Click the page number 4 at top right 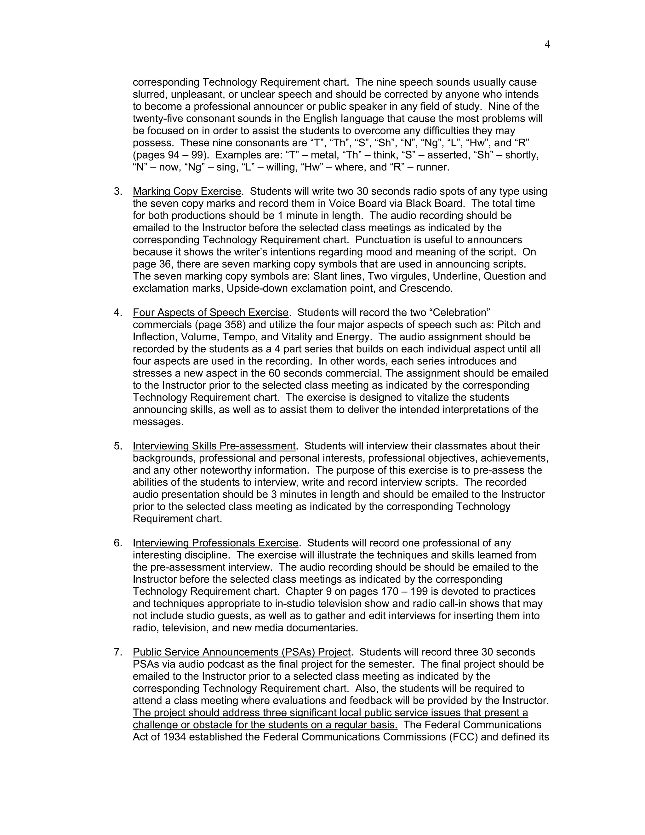[547, 45]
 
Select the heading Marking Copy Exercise [187, 191]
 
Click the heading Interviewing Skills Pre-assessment [214, 446]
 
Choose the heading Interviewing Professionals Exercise [215, 543]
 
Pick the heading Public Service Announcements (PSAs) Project [242, 652]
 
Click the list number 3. [118, 191]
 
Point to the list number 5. [118, 446]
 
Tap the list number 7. [118, 652]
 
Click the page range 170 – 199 [403, 591]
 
